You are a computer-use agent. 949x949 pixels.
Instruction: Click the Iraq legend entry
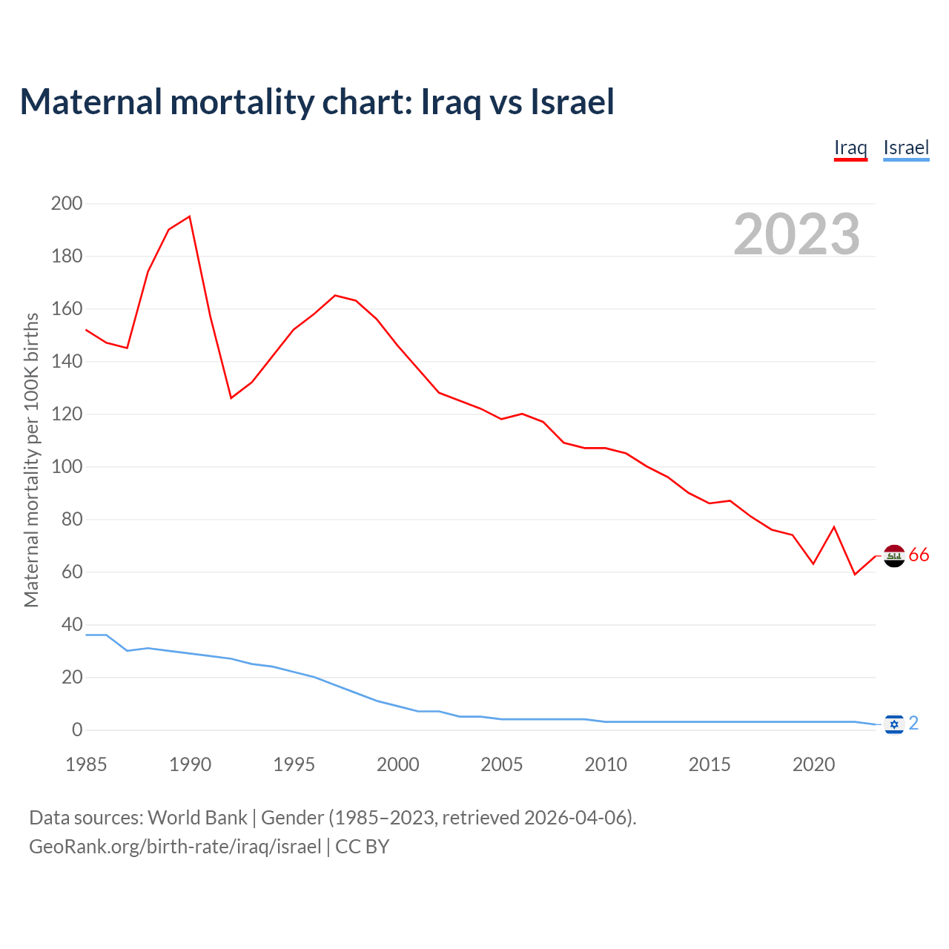850,148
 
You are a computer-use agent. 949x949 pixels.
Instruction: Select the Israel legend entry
906,148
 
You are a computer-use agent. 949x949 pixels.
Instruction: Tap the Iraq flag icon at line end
895,555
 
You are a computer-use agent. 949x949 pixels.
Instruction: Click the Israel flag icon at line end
894,724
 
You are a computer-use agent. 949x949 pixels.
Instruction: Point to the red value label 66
919,555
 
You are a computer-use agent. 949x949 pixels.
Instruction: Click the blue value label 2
913,723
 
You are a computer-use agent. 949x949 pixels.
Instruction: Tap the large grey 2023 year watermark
797,234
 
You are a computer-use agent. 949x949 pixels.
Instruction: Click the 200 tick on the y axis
66,203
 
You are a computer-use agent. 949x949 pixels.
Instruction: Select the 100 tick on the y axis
66,467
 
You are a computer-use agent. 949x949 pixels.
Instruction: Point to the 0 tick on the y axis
77,730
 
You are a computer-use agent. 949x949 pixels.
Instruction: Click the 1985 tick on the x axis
86,764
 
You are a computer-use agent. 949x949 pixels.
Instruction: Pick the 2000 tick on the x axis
398,764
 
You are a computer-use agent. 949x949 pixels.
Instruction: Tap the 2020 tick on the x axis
814,764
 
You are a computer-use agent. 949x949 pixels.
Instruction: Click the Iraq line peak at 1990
190,216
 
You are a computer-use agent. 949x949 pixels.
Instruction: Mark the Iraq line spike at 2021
834,527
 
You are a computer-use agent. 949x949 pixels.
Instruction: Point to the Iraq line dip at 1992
231,398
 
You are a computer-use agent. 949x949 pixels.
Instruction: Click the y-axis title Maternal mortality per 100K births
31,460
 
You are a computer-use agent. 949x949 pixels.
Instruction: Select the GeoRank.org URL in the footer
175,847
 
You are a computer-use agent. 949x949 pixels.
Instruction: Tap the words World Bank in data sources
197,818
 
